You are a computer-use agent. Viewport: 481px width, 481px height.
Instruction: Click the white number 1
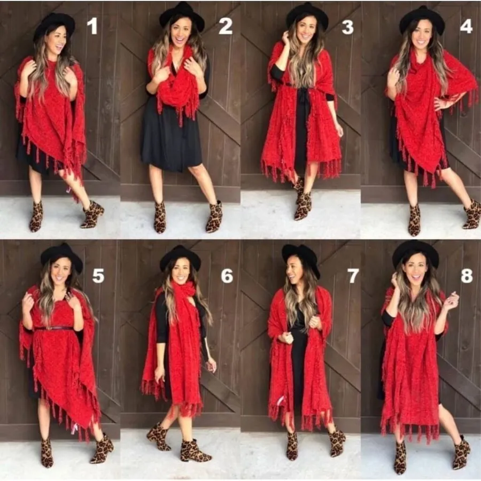(x=92, y=26)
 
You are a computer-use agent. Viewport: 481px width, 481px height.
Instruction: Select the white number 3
(x=347, y=27)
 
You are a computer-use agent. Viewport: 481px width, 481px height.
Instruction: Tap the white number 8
(x=467, y=275)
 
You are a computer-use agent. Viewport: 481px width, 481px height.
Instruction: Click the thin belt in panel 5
(x=53, y=328)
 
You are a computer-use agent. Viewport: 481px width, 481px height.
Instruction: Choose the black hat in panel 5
(x=62, y=255)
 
